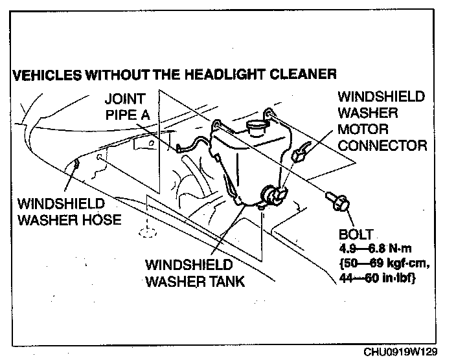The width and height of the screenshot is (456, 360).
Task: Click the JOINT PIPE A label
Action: (130, 107)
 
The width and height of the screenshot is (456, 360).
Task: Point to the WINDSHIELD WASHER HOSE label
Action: (69, 211)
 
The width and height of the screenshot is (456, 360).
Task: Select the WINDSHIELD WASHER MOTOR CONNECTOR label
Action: (382, 121)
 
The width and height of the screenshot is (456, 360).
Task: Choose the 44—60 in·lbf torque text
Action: (378, 278)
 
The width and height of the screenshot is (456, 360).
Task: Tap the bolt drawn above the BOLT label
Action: (337, 199)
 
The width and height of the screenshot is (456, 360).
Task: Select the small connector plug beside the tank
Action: (300, 155)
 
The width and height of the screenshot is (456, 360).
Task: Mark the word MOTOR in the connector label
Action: (363, 129)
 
